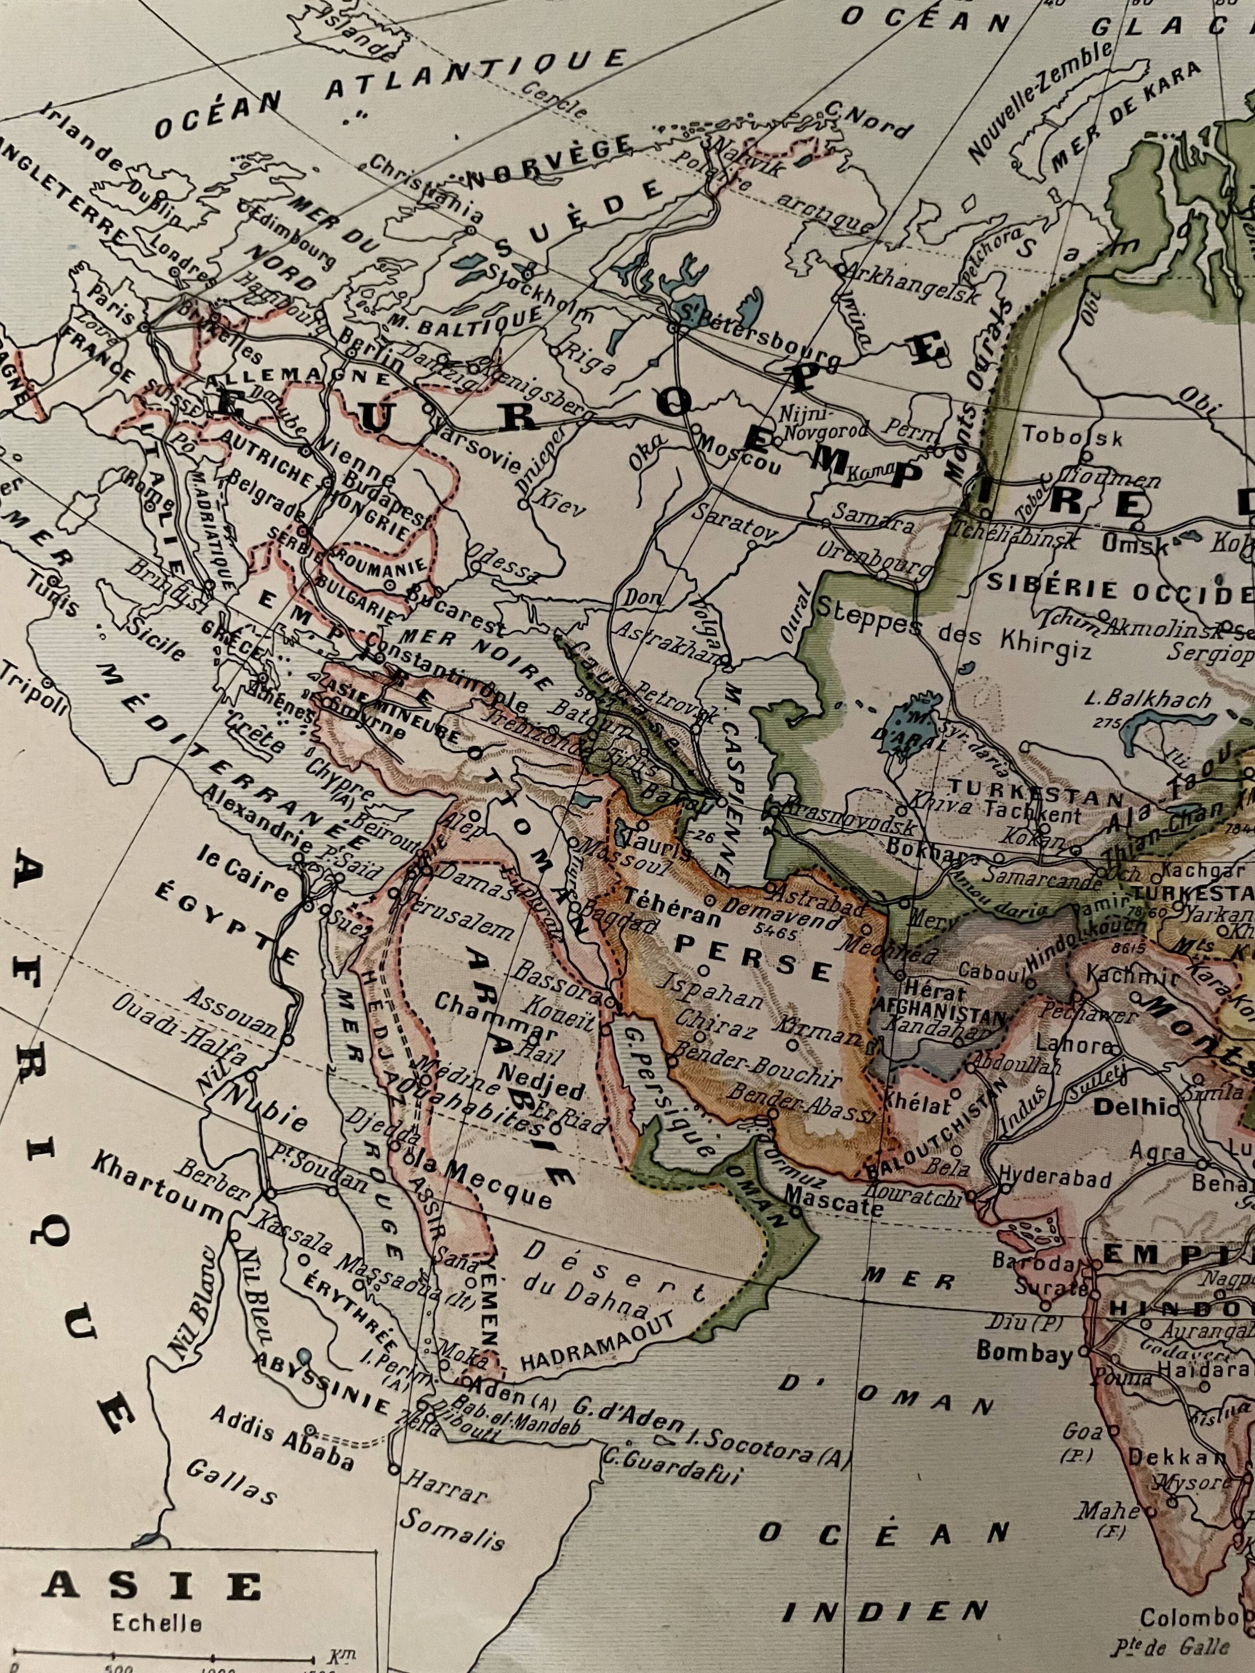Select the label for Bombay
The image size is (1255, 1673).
click(x=1024, y=1371)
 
